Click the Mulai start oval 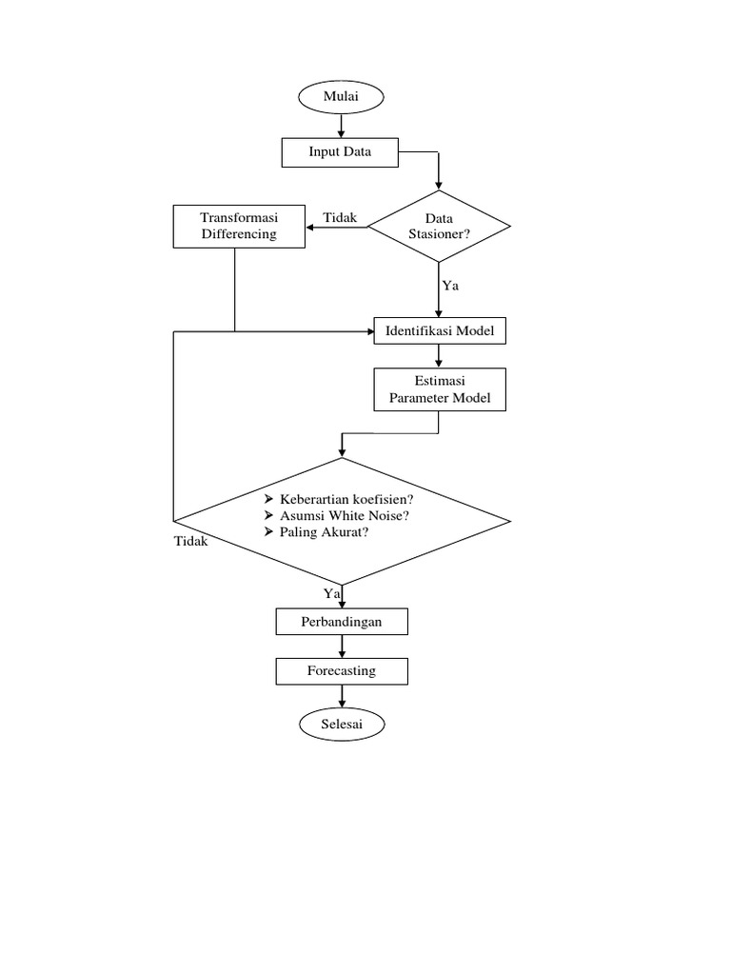tap(341, 96)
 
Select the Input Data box tap(340, 152)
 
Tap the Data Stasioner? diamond tap(438, 226)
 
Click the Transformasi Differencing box tap(239, 226)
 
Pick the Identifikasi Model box tap(439, 331)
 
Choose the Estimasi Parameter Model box tap(439, 390)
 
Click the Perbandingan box tap(342, 622)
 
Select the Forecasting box tap(342, 671)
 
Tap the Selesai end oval tap(342, 725)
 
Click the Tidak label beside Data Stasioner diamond tap(340, 218)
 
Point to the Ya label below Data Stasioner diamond tap(450, 285)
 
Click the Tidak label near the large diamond tap(190, 541)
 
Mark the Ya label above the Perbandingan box tap(331, 593)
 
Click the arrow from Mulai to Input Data tap(341, 125)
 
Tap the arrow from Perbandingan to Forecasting tap(342, 647)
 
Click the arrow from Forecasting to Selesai tap(342, 697)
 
